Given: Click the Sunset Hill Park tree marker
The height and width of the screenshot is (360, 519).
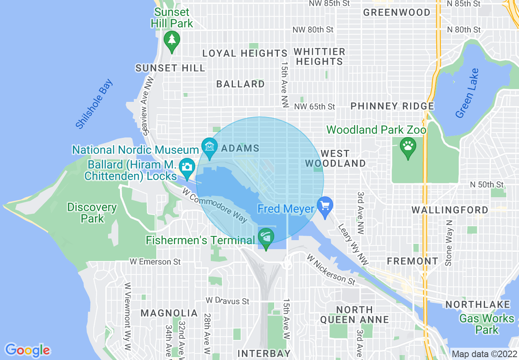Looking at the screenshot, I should pos(172,40).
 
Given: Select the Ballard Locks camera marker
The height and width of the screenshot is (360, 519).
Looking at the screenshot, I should pos(187,167).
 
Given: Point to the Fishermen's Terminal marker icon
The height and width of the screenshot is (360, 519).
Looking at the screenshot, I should pos(266,237).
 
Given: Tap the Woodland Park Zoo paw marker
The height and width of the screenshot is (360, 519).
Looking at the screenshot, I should pos(408,146).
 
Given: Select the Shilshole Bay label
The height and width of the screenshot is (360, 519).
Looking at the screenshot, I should pos(94,104).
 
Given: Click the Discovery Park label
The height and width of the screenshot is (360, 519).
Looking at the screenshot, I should pos(92,213).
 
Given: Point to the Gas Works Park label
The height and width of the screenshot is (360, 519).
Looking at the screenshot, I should pos(487,324).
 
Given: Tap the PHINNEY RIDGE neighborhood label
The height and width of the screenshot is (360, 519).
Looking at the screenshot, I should pos(392,106).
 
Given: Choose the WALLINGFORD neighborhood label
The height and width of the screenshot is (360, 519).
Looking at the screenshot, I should pos(449,210).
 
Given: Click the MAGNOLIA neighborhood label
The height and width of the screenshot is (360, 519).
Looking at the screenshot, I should pos(169,313).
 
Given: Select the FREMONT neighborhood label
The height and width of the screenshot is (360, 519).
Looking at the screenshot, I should pos(412,261).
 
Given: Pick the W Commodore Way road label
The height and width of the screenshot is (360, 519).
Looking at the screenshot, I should pos(215,205).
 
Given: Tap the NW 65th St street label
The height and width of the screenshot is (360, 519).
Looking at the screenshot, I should pos(314,107).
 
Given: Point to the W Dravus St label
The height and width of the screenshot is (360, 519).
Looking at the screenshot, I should pos(227,301).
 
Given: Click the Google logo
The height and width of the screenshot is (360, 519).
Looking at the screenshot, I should pos(27,350).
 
